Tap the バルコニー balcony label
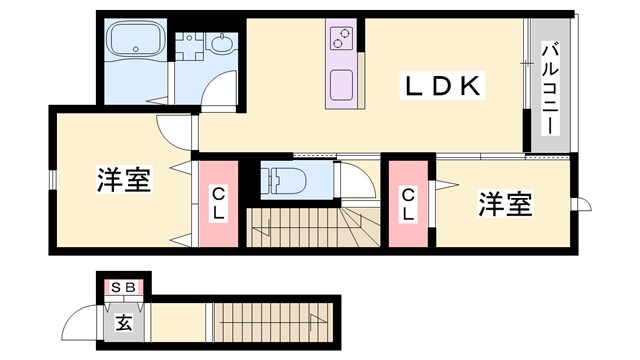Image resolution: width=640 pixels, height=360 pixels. pyautogui.click(x=550, y=89)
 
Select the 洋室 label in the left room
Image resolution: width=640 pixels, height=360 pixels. pyautogui.click(x=124, y=182)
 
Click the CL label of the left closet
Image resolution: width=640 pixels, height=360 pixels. pyautogui.click(x=217, y=204)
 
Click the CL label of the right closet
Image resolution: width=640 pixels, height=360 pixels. pyautogui.click(x=409, y=204)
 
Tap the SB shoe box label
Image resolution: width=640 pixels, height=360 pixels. pyautogui.click(x=124, y=288)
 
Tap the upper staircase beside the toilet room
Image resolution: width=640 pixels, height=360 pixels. pyautogui.click(x=300, y=227)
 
